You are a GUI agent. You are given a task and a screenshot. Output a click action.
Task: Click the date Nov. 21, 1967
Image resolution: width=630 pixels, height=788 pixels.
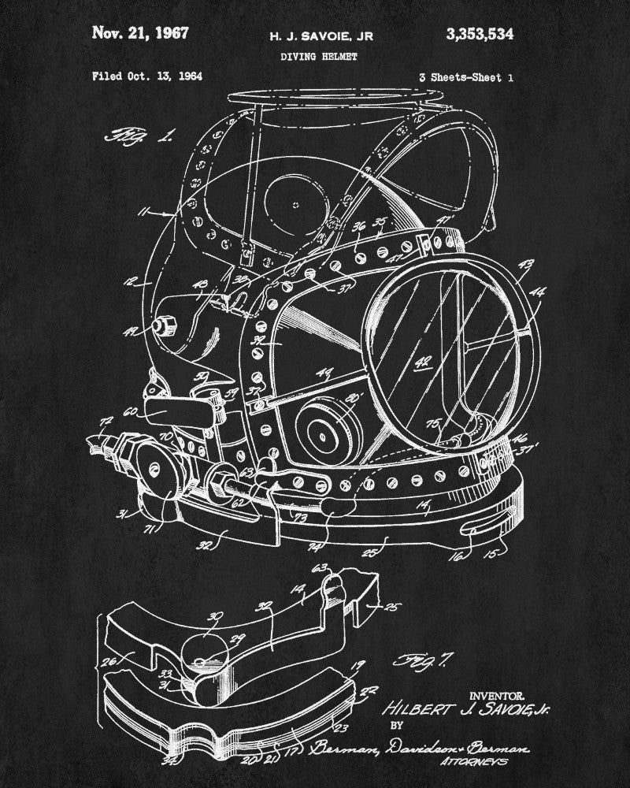coord(141,33)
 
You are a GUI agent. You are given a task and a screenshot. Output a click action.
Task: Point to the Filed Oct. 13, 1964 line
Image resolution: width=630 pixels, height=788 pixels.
coord(147,76)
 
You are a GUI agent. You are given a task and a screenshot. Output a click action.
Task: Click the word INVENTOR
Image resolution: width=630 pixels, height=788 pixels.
coord(497,696)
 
